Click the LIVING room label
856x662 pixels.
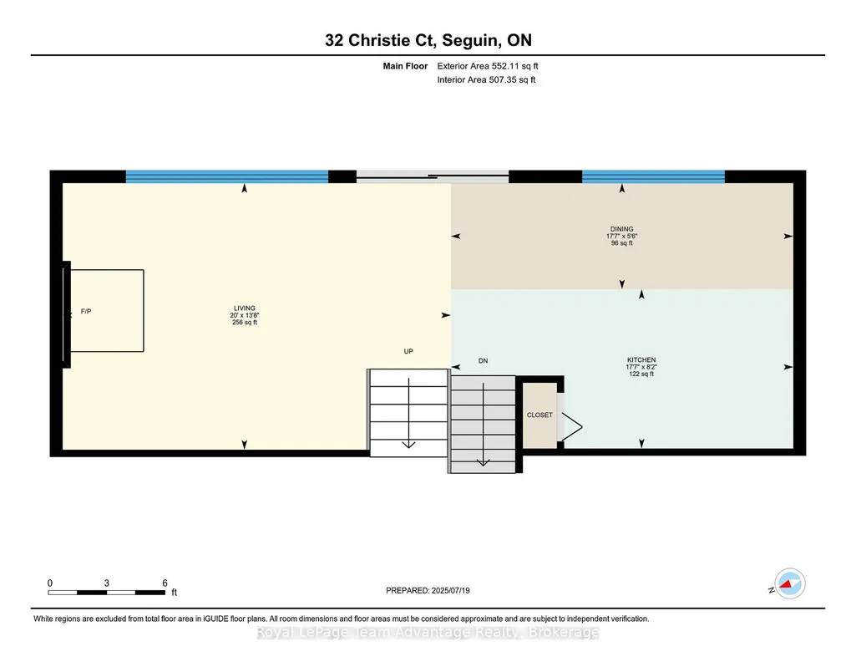pyautogui.click(x=245, y=308)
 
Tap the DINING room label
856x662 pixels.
pyautogui.click(x=622, y=229)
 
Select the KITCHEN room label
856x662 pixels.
pyautogui.click(x=641, y=360)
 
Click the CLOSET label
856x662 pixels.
pyautogui.click(x=539, y=415)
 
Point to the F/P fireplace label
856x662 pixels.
pyautogui.click(x=86, y=311)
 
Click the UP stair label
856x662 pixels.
pyautogui.click(x=408, y=351)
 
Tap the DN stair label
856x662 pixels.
pyautogui.click(x=484, y=360)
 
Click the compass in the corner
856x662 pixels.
pyautogui.click(x=789, y=583)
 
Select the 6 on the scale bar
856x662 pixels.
pyautogui.click(x=165, y=583)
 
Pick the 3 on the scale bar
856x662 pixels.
pyautogui.click(x=107, y=583)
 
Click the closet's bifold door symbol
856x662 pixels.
pyautogui.click(x=571, y=426)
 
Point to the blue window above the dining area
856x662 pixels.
pyautogui.click(x=653, y=176)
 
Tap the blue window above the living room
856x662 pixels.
pyautogui.click(x=227, y=176)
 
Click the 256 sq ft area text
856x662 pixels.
pyautogui.click(x=245, y=323)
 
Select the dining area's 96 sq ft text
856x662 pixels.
pyautogui.click(x=622, y=243)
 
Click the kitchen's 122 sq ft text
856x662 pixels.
pyautogui.click(x=641, y=374)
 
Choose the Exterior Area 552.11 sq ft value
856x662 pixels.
pyautogui.click(x=488, y=66)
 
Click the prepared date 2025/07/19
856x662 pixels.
pyautogui.click(x=450, y=590)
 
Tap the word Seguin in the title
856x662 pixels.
pyautogui.click(x=471, y=40)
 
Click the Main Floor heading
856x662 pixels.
pyautogui.click(x=405, y=66)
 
